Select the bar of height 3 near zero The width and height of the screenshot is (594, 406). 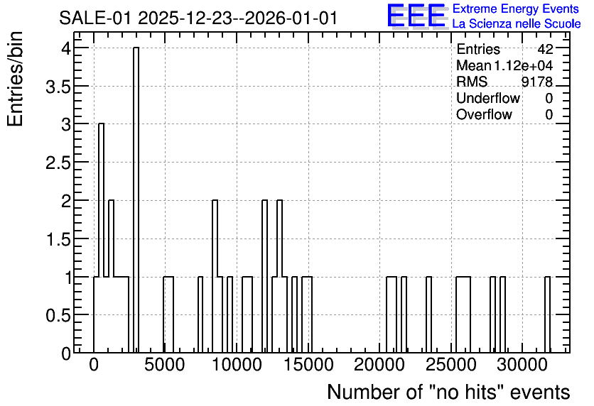point(101,238)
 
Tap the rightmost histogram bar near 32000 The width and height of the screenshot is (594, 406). point(547,314)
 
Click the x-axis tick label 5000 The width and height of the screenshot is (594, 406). point(164,365)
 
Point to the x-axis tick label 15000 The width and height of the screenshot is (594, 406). point(308,365)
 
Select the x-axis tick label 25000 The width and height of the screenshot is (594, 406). point(450,365)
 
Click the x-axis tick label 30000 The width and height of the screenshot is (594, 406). point(522,365)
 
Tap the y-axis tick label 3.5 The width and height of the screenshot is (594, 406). point(58,87)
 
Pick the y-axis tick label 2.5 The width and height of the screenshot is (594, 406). point(58,163)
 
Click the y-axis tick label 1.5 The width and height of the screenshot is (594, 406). point(58,239)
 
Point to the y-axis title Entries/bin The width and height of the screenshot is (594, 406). point(16,79)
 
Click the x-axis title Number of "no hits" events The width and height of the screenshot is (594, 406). point(448,392)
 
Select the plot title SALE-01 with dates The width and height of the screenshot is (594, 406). point(198,18)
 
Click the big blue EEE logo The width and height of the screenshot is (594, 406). point(416,16)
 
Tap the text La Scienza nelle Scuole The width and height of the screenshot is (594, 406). point(517,24)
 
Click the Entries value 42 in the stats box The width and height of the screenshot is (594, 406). point(545,49)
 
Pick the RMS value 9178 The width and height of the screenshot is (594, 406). point(537,82)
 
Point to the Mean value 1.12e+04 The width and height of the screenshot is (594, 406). point(523,65)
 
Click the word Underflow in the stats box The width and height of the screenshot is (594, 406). point(488,98)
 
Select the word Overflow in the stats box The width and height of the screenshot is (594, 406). point(484,114)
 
